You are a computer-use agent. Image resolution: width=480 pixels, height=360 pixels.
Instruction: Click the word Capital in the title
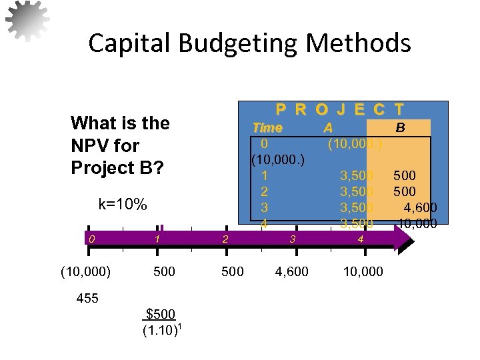[x=125, y=44]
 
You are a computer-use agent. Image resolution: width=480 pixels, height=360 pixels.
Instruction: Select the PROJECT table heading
[x=339, y=109]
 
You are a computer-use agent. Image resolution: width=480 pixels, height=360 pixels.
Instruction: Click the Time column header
[x=267, y=127]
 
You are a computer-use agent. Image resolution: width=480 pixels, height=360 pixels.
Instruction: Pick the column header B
[x=400, y=127]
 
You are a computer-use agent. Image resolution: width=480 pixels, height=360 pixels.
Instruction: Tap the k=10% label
[x=123, y=204]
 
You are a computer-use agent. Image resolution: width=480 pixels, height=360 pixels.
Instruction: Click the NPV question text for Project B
[x=120, y=145]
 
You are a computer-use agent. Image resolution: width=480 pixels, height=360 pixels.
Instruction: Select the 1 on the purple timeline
[x=157, y=238]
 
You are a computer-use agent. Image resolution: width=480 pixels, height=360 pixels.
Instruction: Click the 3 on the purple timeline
[x=292, y=238]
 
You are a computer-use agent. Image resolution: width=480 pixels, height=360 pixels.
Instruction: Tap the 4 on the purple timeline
[x=360, y=238]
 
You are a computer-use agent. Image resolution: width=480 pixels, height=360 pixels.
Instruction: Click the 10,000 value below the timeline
[x=363, y=271]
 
